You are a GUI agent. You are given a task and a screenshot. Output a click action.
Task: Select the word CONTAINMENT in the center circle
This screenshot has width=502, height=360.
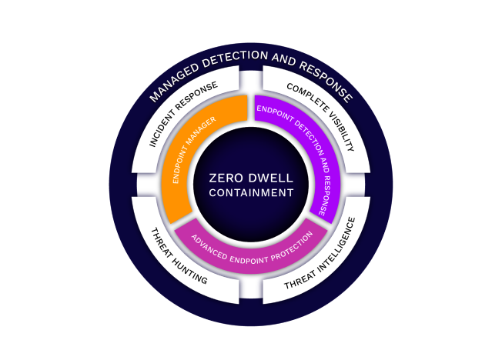click(x=251, y=193)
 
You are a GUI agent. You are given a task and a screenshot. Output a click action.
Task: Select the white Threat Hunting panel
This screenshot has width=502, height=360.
click(x=173, y=258)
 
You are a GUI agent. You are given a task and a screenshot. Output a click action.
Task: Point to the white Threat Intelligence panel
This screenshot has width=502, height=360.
click(x=327, y=258)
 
